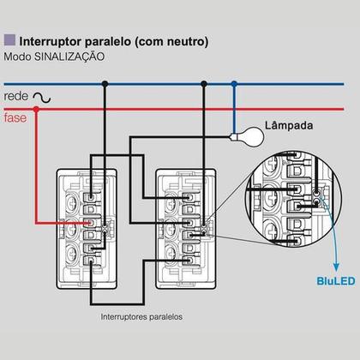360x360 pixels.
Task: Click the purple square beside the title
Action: [x=9, y=39]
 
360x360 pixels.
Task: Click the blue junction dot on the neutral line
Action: [x=234, y=84]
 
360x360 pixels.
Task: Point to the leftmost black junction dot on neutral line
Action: [x=104, y=84]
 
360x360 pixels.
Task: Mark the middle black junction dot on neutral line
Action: [x=204, y=84]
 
